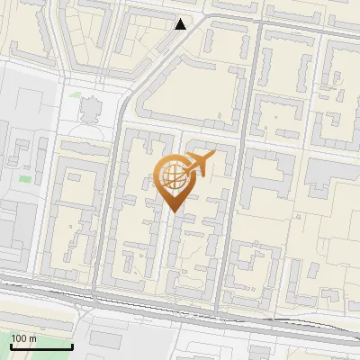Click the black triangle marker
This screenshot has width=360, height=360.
[182, 24]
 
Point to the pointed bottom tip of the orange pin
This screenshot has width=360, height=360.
[174, 211]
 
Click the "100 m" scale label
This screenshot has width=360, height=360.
[23, 338]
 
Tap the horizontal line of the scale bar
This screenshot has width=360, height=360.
[41, 347]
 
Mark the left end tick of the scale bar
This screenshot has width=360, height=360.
[11, 346]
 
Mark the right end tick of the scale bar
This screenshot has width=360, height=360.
[72, 346]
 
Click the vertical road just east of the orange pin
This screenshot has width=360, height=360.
[225, 198]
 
